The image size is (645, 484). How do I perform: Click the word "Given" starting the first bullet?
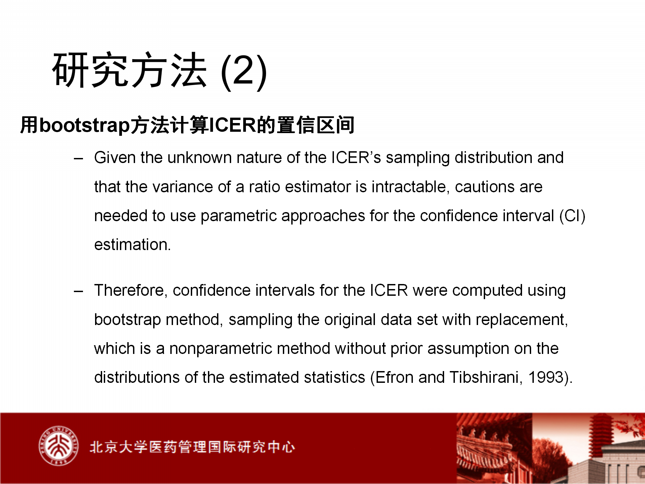click(115, 157)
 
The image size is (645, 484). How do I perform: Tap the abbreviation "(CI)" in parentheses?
click(572, 216)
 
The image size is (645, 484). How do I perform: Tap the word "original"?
click(350, 320)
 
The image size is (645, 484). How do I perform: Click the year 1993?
click(546, 377)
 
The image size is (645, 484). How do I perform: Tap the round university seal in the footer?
click(58, 446)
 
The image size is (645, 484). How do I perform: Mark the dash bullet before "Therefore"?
click(78, 291)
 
